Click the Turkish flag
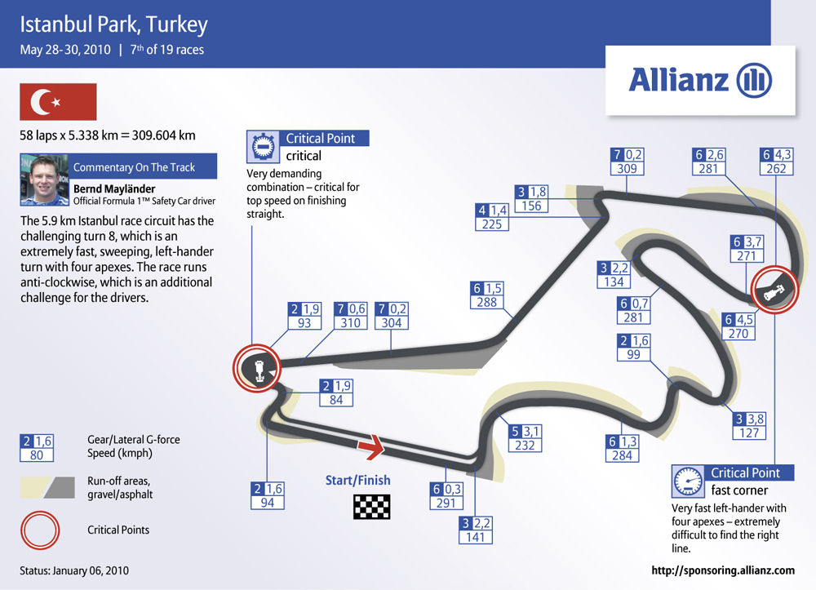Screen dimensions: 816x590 [x=58, y=102]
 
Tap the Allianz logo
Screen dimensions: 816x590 [x=700, y=80]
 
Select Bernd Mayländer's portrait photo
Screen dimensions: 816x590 [x=44, y=180]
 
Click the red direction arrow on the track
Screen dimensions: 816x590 [x=371, y=446]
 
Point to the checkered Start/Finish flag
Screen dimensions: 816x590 [x=371, y=507]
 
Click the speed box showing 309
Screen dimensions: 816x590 [x=627, y=162]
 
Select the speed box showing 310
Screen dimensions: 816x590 [x=351, y=316]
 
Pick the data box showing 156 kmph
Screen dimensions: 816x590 [x=531, y=199]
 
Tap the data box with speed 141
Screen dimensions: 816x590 [x=476, y=530]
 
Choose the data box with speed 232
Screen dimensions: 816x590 [x=525, y=438]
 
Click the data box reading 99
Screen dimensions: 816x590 [x=633, y=348]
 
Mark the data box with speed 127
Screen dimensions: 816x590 [x=749, y=426]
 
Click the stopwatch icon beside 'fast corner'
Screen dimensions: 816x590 [x=688, y=481]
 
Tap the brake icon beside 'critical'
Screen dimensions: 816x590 [x=264, y=147]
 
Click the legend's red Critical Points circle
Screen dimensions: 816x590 [x=40, y=530]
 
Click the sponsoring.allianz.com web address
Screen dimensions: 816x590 [x=723, y=570]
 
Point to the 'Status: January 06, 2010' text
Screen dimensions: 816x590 [x=74, y=570]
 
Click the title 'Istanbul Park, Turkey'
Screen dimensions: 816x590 [x=114, y=24]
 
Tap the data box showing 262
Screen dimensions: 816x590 [x=777, y=162]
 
